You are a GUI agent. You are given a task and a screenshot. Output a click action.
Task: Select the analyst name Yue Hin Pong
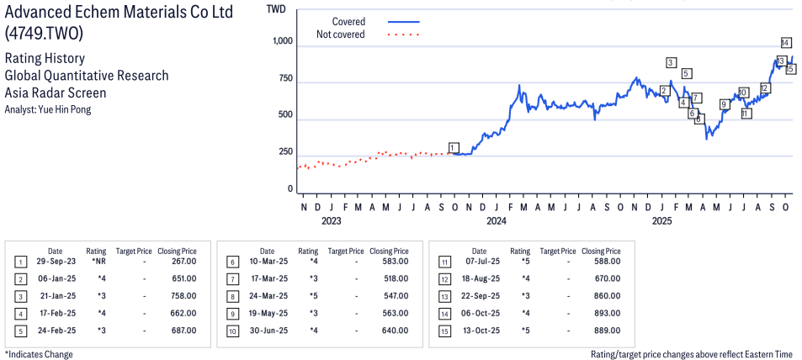click(48, 109)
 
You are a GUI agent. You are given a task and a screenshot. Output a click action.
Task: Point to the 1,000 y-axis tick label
click(283, 42)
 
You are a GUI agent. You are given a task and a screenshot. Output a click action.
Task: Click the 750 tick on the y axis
click(287, 79)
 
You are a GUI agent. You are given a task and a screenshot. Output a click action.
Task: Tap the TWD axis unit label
click(275, 8)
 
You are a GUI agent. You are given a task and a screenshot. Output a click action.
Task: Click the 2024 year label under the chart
click(496, 221)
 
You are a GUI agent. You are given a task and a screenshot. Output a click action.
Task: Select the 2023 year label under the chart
click(332, 221)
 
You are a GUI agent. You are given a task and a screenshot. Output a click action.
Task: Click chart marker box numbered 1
click(454, 148)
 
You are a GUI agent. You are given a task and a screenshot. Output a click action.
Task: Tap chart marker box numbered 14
click(785, 43)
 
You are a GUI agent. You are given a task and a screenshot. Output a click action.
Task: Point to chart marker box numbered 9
click(724, 104)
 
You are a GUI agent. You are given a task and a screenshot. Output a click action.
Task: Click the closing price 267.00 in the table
click(184, 262)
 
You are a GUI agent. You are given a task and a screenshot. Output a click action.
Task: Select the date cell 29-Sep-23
click(55, 262)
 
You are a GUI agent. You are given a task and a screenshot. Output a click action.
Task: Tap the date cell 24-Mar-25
click(267, 296)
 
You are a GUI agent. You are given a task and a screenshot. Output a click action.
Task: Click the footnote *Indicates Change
click(39, 354)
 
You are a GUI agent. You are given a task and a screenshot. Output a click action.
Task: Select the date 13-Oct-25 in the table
click(479, 331)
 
